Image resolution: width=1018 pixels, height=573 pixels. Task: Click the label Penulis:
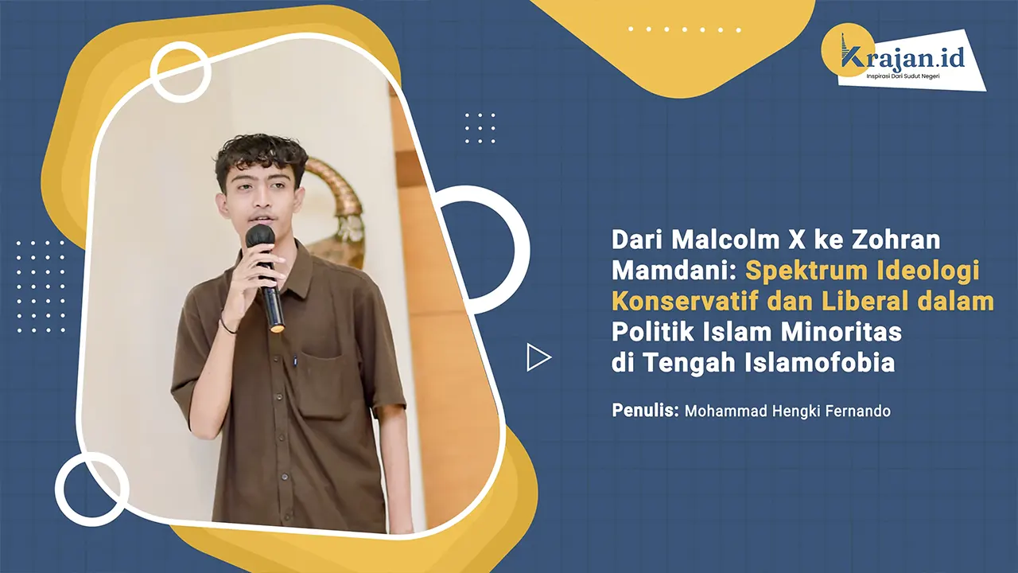645,411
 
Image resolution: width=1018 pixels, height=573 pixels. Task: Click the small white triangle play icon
538,357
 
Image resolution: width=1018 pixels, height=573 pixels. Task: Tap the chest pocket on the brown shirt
322,383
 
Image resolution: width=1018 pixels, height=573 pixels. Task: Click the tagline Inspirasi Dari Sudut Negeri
907,76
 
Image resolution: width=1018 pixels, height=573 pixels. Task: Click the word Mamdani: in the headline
674,271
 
